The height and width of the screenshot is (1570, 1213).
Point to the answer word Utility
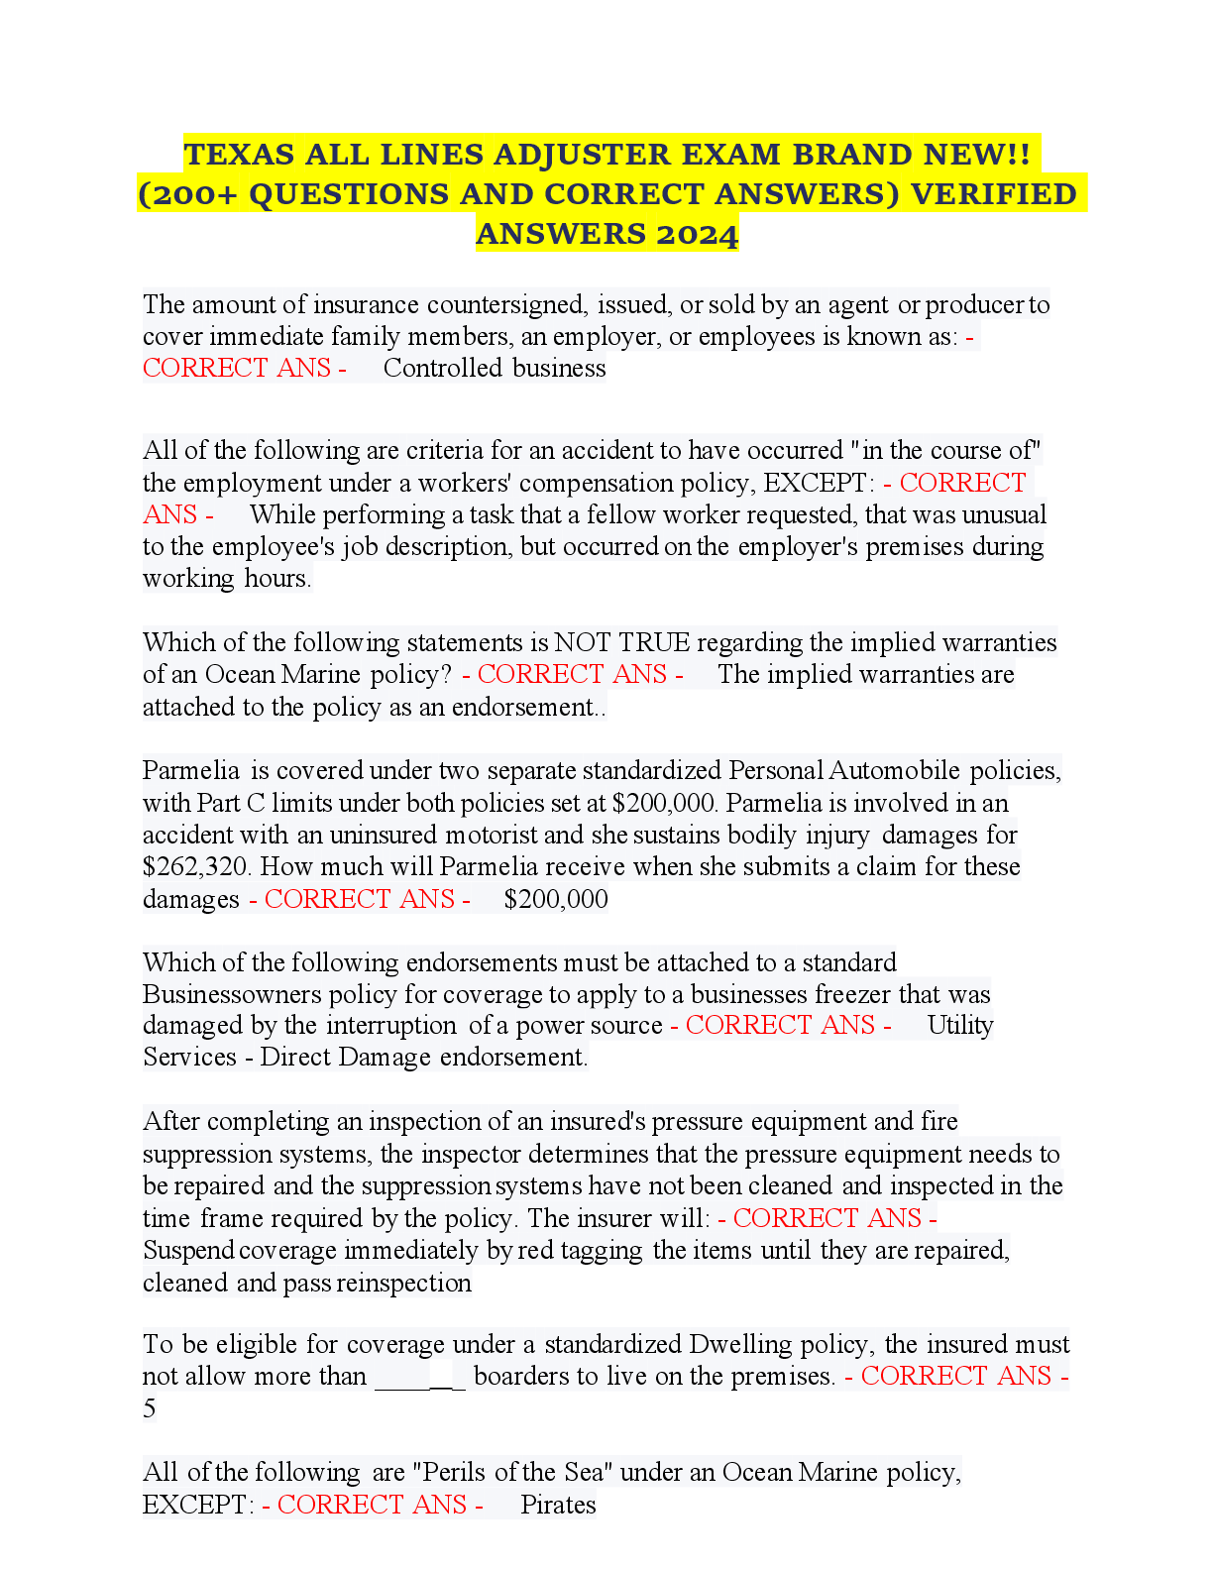[x=960, y=1025]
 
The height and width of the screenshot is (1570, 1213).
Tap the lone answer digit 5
[x=150, y=1408]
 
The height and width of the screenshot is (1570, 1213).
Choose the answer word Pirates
[x=558, y=1505]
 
